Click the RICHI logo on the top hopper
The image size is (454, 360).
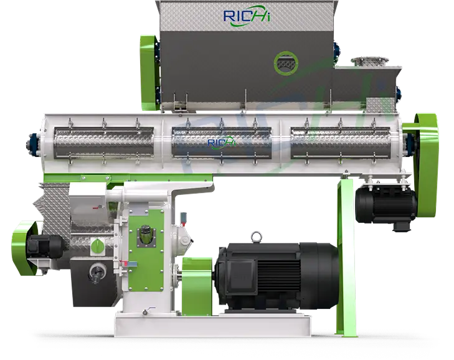(247, 17)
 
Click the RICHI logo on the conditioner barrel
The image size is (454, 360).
(222, 143)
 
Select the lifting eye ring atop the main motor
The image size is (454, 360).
(256, 237)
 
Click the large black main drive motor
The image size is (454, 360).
(277, 277)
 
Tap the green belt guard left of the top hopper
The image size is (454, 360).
(150, 73)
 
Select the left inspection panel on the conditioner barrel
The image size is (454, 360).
(104, 143)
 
